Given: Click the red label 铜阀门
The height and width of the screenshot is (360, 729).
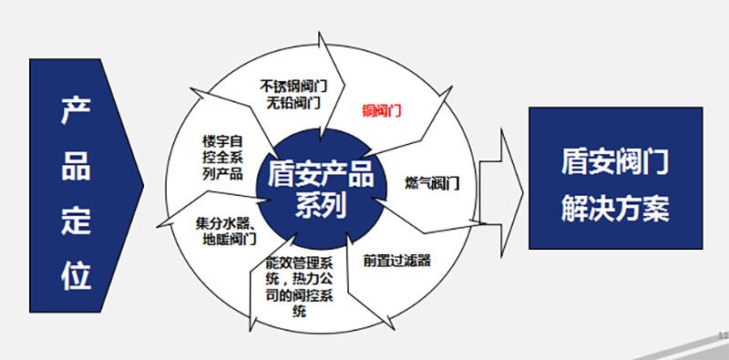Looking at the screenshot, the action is (383, 112).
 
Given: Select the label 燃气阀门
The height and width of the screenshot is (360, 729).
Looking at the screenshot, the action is (431, 182).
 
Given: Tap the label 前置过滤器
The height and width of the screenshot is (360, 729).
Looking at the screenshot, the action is (396, 260).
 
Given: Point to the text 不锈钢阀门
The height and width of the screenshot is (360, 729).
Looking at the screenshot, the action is (293, 85).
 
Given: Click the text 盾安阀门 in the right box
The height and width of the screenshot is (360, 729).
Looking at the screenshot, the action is (616, 165).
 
